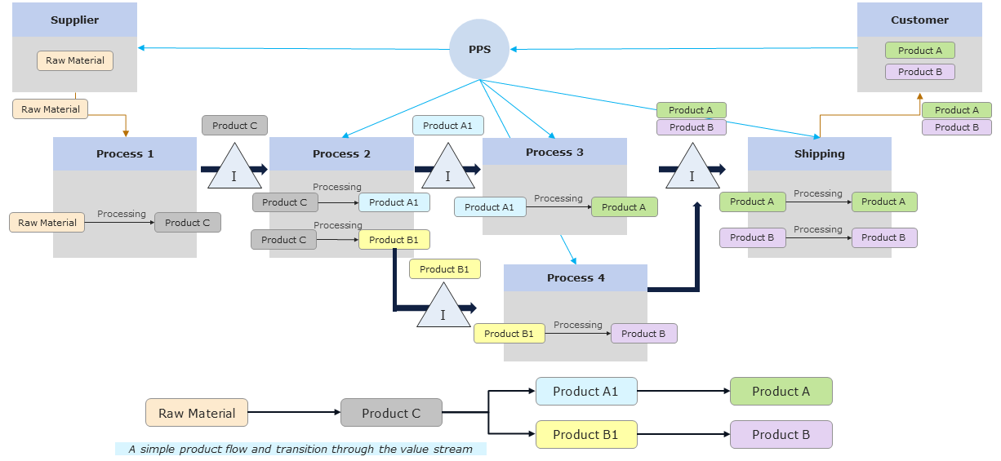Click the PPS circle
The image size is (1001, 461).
pos(479,49)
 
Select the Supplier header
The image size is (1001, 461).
pos(74,20)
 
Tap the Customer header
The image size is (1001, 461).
pos(919,20)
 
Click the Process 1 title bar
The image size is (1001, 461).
pos(125,153)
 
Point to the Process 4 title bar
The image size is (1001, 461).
pos(576,277)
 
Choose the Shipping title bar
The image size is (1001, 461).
pos(819,153)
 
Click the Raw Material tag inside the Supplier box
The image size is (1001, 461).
pos(75,60)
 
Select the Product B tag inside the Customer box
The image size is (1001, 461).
pos(920,72)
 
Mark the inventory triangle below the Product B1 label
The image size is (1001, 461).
pos(443,308)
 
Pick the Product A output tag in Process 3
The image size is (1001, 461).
pos(624,207)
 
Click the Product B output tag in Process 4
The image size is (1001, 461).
pos(643,333)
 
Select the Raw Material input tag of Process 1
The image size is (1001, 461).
pos(47,223)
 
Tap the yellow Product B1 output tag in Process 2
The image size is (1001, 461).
pos(394,240)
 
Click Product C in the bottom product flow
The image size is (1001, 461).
pos(391,414)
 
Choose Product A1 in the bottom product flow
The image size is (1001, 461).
pos(585,392)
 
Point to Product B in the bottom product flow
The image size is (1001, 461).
pos(781,434)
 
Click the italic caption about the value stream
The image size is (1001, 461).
pos(300,449)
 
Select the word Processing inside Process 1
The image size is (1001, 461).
pos(122,214)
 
